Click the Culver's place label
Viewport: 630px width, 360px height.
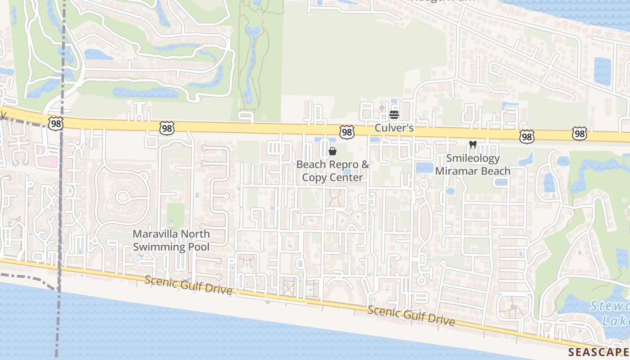(x=394, y=128)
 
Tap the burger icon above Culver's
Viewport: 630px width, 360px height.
(x=394, y=114)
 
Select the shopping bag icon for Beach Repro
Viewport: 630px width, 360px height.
(x=333, y=151)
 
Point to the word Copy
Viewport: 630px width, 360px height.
(x=314, y=177)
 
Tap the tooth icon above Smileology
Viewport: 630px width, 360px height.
(x=472, y=145)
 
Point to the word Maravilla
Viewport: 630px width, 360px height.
(x=155, y=234)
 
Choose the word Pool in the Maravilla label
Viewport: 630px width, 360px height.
(x=198, y=247)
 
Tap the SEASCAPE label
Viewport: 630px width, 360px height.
(x=598, y=351)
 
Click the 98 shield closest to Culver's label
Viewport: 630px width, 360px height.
(x=347, y=132)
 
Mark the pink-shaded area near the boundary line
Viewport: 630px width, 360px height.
(x=47, y=157)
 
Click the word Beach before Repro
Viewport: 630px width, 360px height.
(x=310, y=165)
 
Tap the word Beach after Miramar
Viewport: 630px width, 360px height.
(x=495, y=171)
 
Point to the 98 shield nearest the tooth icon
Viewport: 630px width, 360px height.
(x=526, y=136)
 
